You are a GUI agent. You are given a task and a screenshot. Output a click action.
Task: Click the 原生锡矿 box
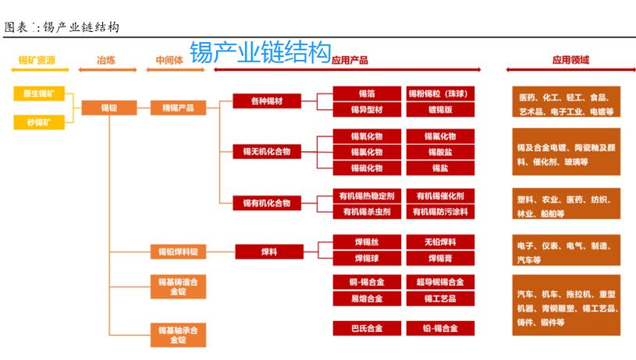37,94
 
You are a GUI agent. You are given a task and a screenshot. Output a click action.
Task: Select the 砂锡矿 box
37,122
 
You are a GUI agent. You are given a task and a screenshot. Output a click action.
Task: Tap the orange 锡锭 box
108,108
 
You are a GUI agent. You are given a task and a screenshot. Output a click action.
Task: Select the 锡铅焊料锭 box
178,252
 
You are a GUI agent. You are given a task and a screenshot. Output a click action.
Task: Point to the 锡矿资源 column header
37,60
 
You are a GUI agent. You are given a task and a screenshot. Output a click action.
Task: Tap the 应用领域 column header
570,60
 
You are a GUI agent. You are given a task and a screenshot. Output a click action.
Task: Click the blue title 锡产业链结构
261,53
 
